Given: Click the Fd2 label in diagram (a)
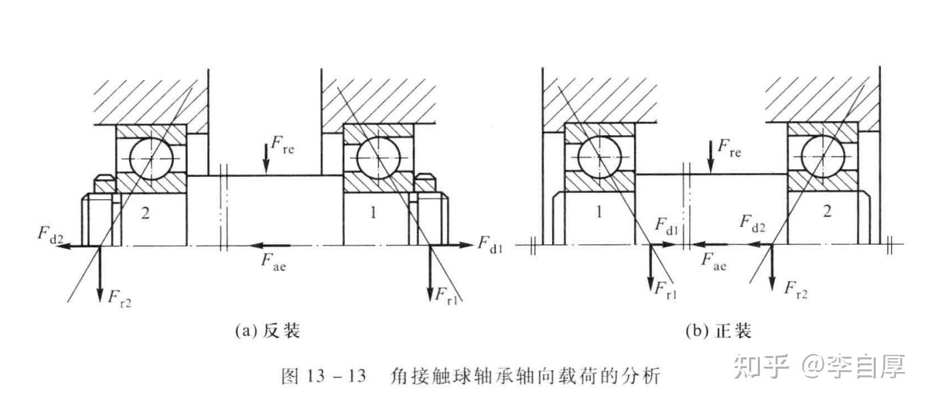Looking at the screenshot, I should tap(49, 234).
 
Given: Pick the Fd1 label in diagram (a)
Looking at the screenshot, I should tap(492, 243).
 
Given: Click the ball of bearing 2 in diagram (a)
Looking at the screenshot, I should tap(151, 158).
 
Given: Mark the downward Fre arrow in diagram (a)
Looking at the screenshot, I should tap(266, 158).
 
